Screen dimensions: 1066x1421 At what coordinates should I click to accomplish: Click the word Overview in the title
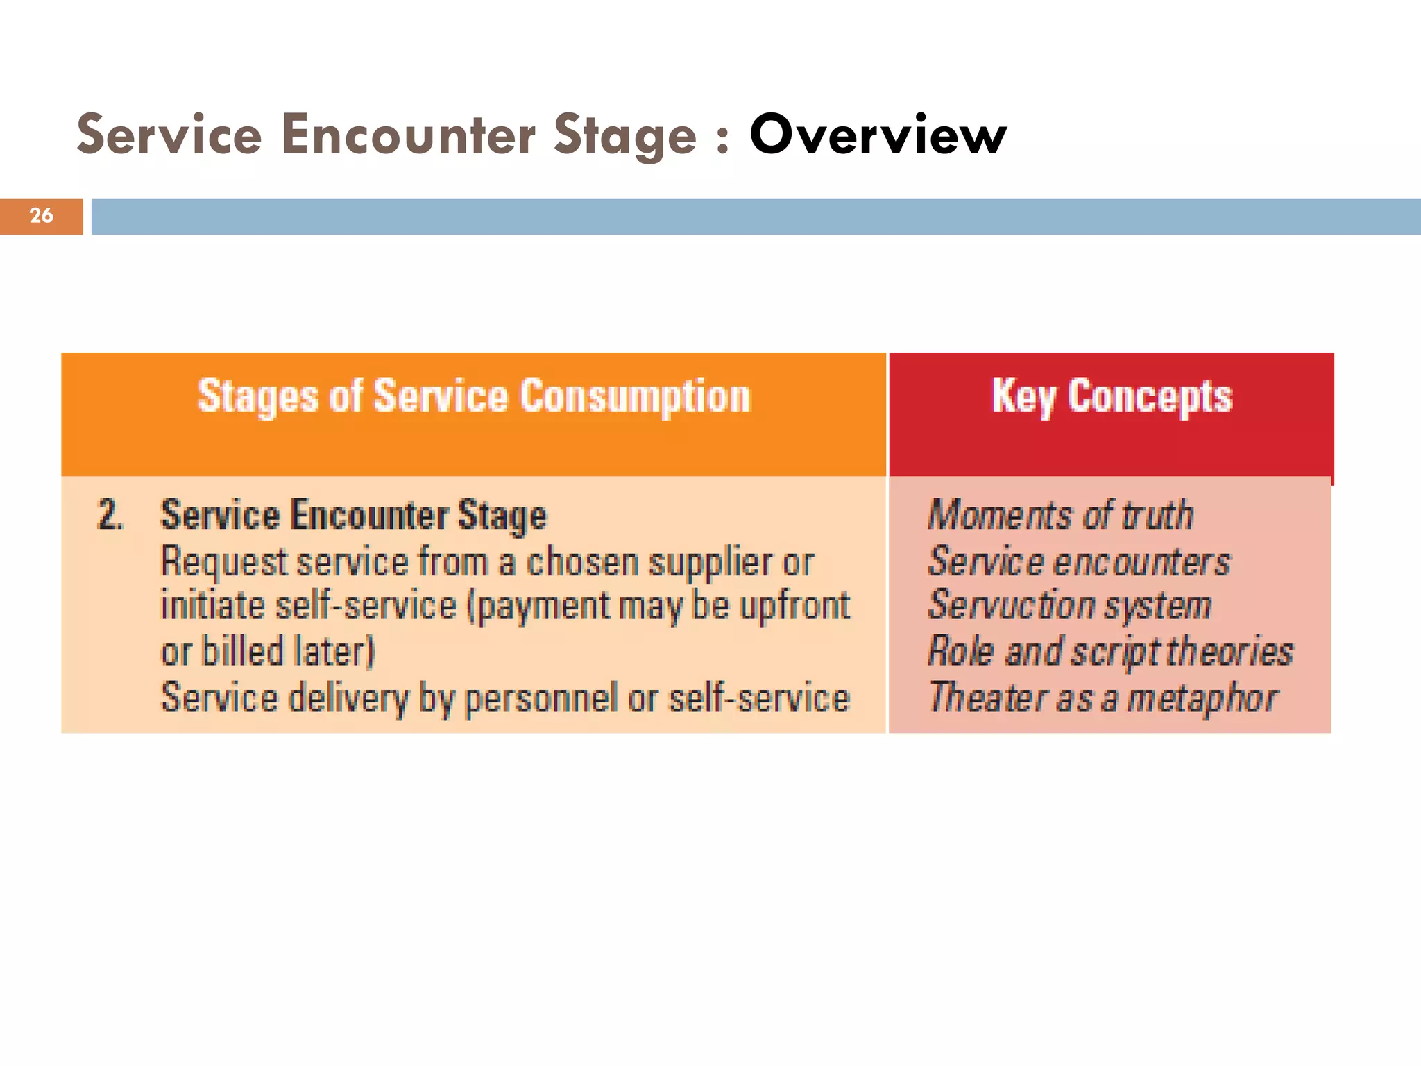tap(878, 135)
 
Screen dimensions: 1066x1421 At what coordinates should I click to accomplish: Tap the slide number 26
tap(41, 216)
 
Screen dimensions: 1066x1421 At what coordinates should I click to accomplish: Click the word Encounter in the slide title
tap(409, 135)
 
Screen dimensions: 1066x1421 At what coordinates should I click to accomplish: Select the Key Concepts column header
tap(1112, 396)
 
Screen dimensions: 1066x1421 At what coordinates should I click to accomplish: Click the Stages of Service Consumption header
tap(474, 396)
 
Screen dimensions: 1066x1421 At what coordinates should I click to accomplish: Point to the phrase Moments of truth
tap(1060, 515)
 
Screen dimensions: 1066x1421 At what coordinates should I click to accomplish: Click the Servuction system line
tap(1069, 605)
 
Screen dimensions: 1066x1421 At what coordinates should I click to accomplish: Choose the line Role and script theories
tap(1110, 651)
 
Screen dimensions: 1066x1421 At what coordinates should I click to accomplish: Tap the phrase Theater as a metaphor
tap(1103, 697)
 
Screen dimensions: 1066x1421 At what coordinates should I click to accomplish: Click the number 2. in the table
tap(110, 515)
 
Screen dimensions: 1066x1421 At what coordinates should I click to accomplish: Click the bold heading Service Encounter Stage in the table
tap(354, 515)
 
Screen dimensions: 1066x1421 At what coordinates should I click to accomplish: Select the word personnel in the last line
tap(541, 698)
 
